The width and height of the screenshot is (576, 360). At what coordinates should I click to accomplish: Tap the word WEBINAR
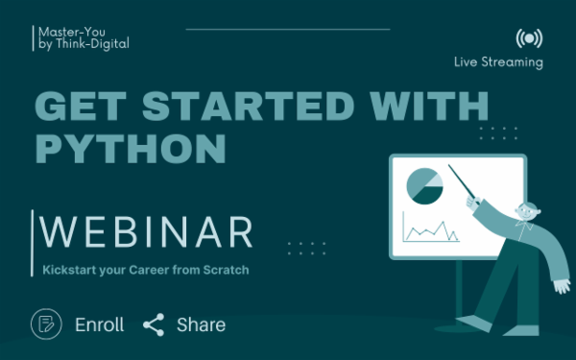coord(149,233)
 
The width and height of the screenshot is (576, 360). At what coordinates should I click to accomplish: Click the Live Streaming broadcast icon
coord(527,37)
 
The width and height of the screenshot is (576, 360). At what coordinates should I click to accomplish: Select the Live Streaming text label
coord(498,62)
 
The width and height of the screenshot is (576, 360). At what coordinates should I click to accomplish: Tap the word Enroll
coord(100,324)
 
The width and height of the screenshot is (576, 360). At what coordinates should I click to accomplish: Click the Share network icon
coord(154,324)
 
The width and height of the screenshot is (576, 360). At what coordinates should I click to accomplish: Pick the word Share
coord(201,324)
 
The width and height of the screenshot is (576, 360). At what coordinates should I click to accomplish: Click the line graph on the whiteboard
coord(430,230)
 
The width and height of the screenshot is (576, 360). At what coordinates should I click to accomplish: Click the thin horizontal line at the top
coord(287,30)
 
